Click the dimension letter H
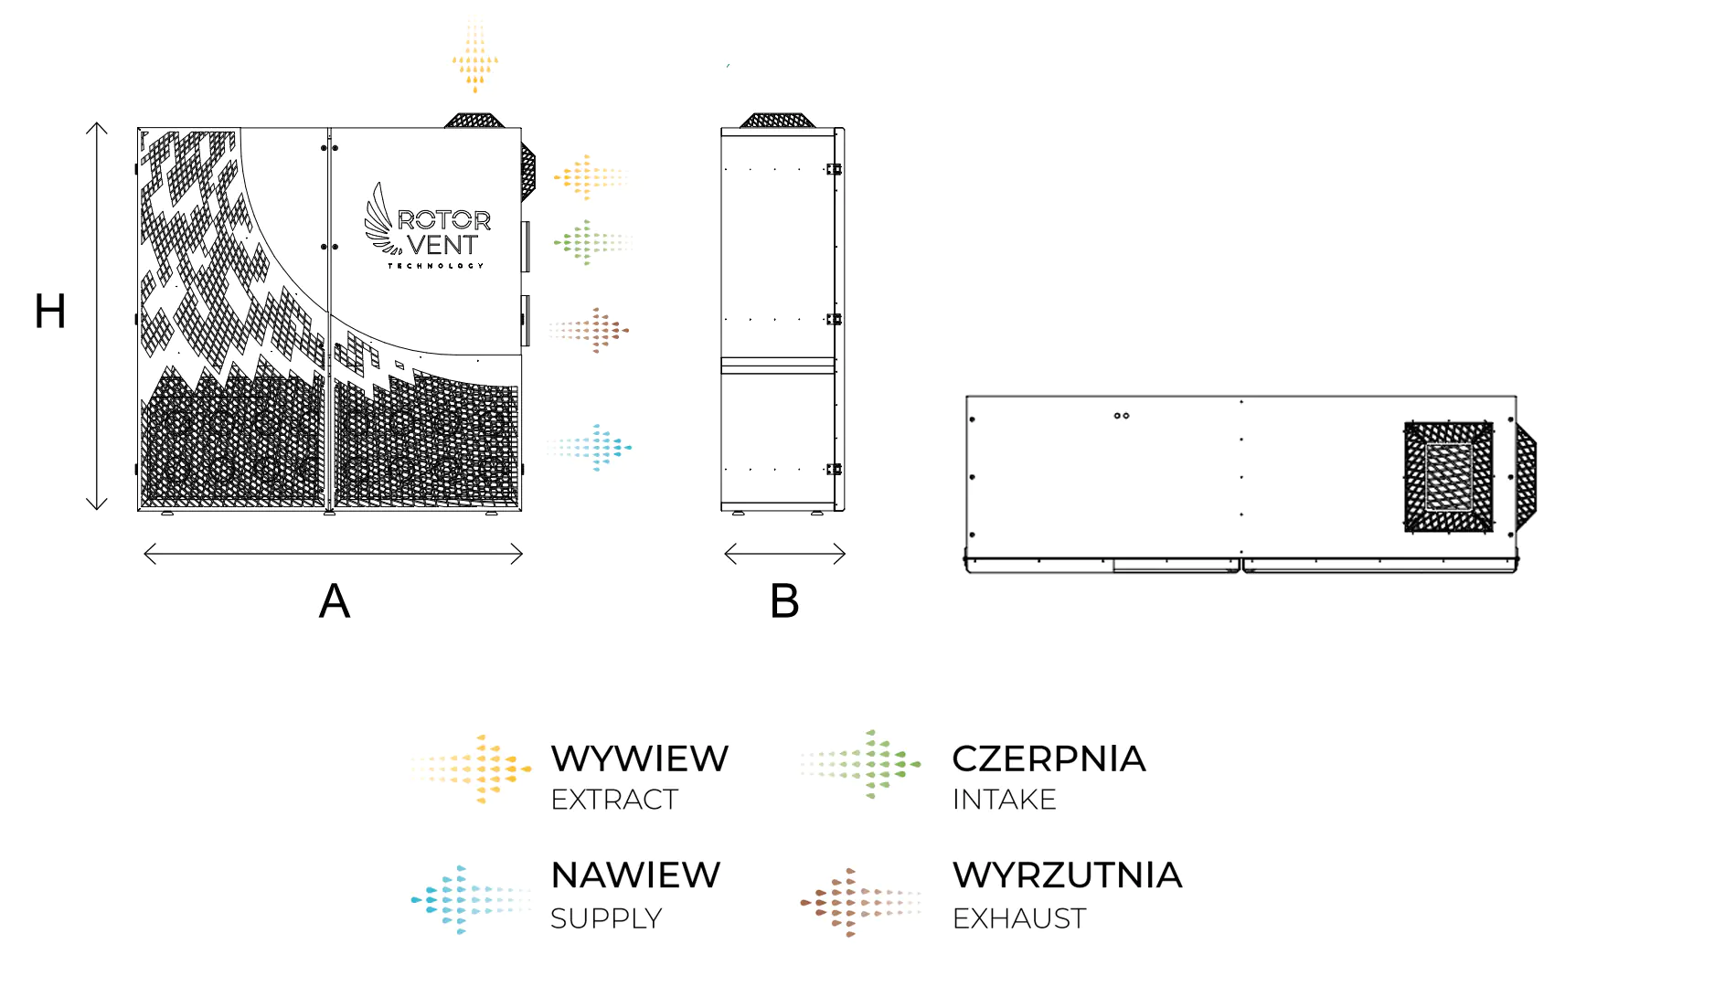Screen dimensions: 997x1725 click(50, 312)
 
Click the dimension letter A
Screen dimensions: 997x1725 click(335, 601)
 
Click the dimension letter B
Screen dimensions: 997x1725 click(784, 601)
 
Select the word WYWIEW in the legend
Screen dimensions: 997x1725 click(639, 758)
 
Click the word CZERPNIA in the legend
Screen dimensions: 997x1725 click(1049, 758)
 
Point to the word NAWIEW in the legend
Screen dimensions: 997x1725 click(635, 875)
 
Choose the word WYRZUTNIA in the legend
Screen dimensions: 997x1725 click(1067, 875)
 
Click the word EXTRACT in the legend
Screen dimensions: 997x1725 click(614, 800)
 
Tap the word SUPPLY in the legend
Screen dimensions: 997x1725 click(606, 917)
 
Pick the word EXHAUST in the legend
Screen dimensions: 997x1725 click(1019, 917)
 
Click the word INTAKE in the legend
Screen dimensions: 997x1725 click(1004, 800)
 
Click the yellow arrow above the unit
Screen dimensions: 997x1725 click(474, 57)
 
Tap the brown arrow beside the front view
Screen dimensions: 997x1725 click(590, 330)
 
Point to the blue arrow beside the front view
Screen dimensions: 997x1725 click(591, 447)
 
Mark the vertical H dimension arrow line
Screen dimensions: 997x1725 click(97, 315)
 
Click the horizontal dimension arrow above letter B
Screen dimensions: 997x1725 click(784, 554)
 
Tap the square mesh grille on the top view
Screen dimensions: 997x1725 click(1448, 476)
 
